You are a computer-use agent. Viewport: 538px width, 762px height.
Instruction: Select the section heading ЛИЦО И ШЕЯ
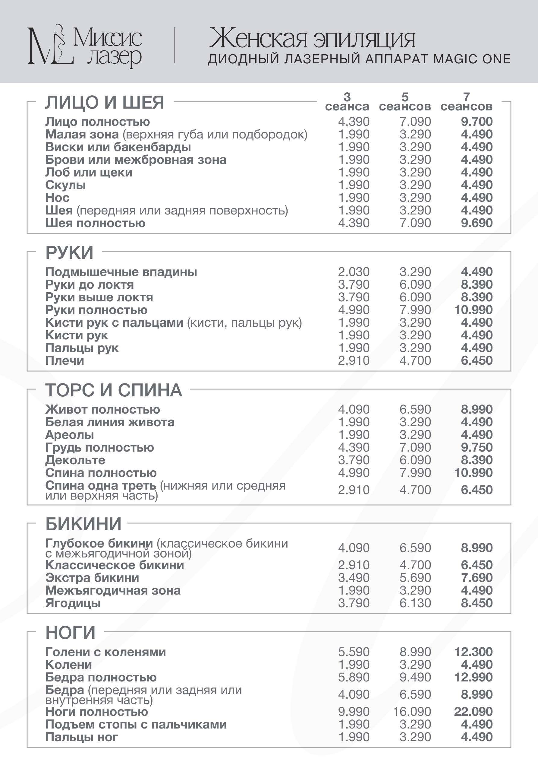(x=105, y=102)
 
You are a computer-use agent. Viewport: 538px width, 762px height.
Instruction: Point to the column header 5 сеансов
(x=405, y=102)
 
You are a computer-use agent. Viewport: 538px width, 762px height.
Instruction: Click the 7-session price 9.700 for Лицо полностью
(x=476, y=122)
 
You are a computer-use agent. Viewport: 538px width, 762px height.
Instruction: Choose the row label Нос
(x=57, y=198)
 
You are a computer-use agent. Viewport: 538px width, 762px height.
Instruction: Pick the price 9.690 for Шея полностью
(x=476, y=223)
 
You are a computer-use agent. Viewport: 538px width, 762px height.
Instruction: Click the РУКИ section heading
(x=69, y=252)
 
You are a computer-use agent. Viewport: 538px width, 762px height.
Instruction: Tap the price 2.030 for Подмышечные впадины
(x=354, y=272)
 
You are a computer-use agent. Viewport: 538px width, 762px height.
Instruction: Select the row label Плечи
(x=65, y=360)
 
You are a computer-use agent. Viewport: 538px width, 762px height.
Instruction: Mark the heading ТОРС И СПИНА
(x=113, y=390)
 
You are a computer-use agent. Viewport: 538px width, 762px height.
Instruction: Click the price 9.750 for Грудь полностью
(x=476, y=447)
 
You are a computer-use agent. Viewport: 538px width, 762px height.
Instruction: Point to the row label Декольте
(x=75, y=460)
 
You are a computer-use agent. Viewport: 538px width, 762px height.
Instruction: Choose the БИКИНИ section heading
(x=83, y=524)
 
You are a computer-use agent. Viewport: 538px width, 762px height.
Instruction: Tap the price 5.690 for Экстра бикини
(x=415, y=577)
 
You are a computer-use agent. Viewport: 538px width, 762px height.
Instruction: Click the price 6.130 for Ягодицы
(x=415, y=603)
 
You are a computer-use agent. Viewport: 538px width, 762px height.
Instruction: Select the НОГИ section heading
(x=70, y=632)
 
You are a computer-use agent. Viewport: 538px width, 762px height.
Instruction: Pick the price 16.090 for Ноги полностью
(x=412, y=712)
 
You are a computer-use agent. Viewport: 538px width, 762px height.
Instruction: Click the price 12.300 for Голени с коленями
(x=473, y=652)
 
